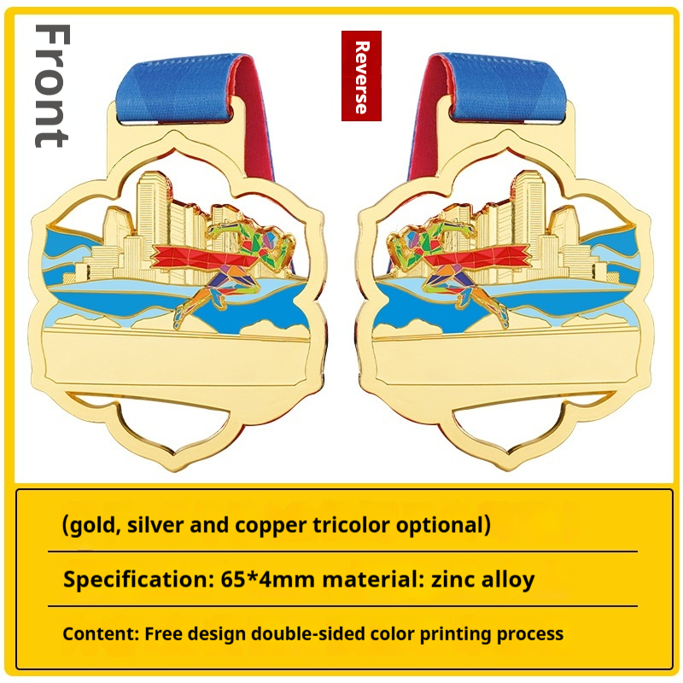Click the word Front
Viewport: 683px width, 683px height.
(x=52, y=86)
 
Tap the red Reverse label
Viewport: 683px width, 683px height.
(x=361, y=76)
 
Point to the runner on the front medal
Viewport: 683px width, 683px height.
(x=236, y=270)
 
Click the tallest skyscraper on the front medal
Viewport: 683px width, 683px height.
(x=153, y=218)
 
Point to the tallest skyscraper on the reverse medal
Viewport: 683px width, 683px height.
(x=528, y=218)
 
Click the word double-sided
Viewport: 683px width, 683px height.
(x=307, y=633)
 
